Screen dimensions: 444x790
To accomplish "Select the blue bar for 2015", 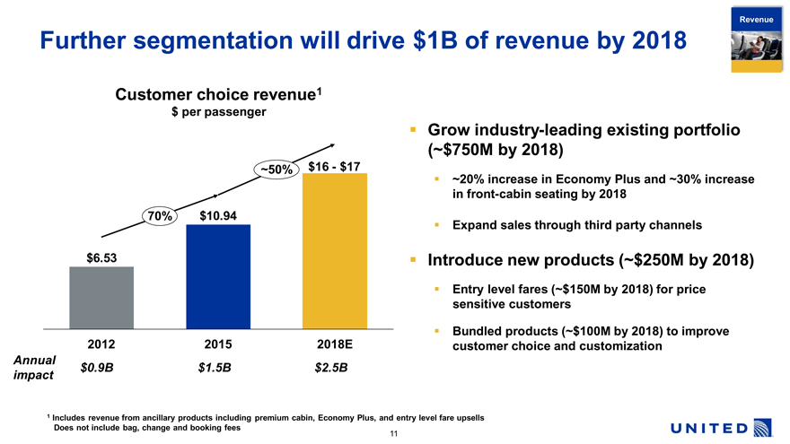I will pos(217,276).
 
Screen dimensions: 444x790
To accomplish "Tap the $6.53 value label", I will pos(101,258).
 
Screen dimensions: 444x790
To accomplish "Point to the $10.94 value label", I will pos(218,215).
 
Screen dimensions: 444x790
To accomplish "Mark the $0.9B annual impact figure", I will pos(97,368).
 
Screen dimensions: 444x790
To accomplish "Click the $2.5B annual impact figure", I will pos(330,368).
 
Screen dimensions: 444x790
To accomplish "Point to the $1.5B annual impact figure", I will pos(214,368).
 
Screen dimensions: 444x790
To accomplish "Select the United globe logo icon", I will pos(763,428).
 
